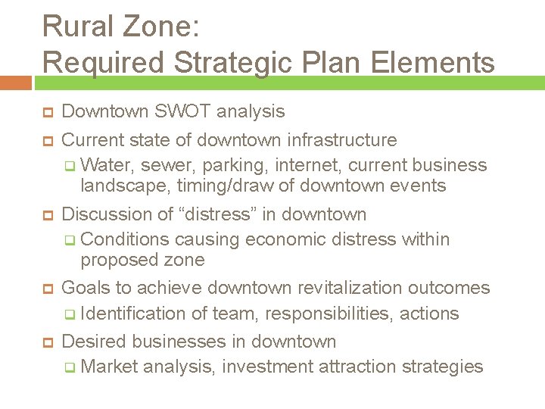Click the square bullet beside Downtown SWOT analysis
(x=46, y=113)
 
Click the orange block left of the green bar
(x=15, y=83)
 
